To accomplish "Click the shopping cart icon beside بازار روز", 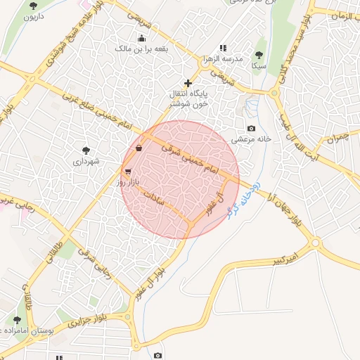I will pyautogui.click(x=127, y=171).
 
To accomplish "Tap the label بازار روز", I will pyautogui.click(x=131, y=182).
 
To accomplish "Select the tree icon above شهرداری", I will pyautogui.click(x=86, y=150).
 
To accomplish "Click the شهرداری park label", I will pyautogui.click(x=86, y=161).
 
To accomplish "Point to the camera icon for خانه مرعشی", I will pyautogui.click(x=251, y=128).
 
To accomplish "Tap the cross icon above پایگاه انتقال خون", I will pyautogui.click(x=187, y=84).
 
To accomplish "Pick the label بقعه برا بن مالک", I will pyautogui.click(x=141, y=49).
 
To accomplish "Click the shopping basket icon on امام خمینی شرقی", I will pyautogui.click(x=139, y=148).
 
